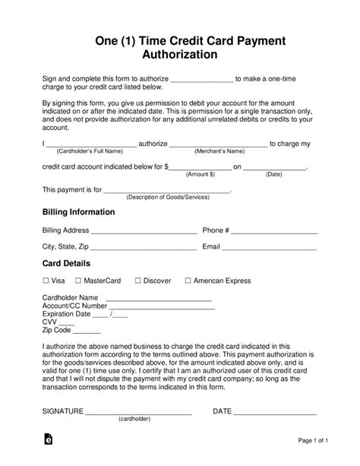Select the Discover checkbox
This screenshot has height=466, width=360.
[x=136, y=281]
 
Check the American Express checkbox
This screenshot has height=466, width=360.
[x=187, y=281]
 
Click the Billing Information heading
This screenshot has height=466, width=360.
[x=78, y=212]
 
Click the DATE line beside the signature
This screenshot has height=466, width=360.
[x=275, y=414]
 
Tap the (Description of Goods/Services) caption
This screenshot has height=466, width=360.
[x=167, y=197]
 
